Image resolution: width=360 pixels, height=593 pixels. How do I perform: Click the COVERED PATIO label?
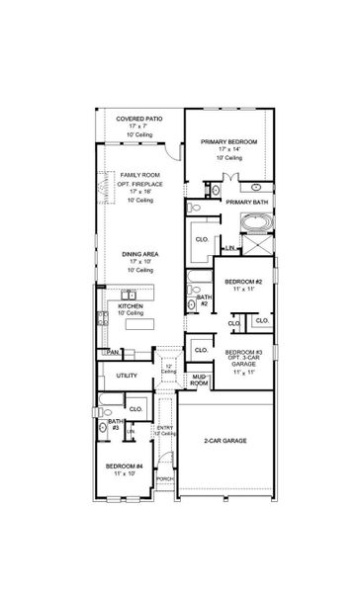138,118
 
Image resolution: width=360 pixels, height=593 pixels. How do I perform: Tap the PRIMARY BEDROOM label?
228,142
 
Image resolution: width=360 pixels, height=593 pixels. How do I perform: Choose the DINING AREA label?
138,253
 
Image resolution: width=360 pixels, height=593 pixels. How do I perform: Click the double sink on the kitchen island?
130,295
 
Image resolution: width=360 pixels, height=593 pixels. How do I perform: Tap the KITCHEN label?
131,306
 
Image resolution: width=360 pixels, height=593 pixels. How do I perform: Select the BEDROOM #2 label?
242,282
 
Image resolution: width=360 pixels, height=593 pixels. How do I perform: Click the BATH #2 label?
203,299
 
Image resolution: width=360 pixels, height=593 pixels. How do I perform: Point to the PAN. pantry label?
114,352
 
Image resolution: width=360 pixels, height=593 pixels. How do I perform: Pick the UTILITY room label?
127,376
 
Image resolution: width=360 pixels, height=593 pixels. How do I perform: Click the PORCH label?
165,477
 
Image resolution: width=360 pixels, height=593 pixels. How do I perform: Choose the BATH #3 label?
116,423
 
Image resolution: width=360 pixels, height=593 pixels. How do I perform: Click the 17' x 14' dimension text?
228,151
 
